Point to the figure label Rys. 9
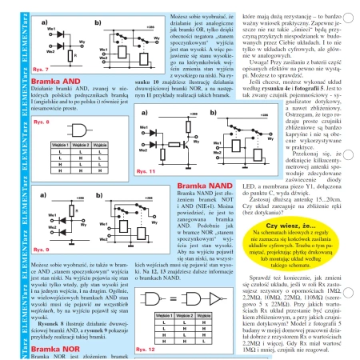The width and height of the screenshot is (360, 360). point(26,260)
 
